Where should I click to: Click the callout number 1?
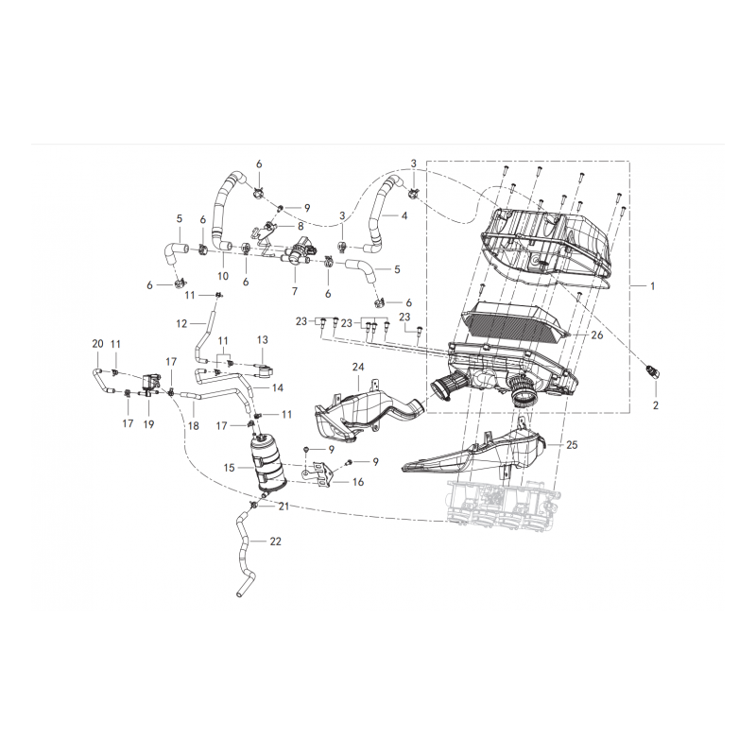pos(653,286)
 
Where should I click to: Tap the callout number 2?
pos(655,405)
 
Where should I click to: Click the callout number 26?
pos(597,335)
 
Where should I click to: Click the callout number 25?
pos(572,444)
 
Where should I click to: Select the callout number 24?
pos(358,368)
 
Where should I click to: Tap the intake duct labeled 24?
pos(369,415)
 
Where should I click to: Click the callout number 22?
pos(275,541)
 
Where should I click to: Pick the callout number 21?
pos(283,507)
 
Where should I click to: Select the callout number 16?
pos(358,482)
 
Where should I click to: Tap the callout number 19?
pos(148,424)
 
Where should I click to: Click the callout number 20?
pos(97,344)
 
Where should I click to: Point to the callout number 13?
pos(262,340)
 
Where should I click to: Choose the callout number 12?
pos(181,324)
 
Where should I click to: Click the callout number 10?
pos(223,276)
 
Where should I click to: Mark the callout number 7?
pos(294,291)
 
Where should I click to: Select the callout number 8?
pos(301,226)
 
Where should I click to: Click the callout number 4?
pos(404,215)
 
